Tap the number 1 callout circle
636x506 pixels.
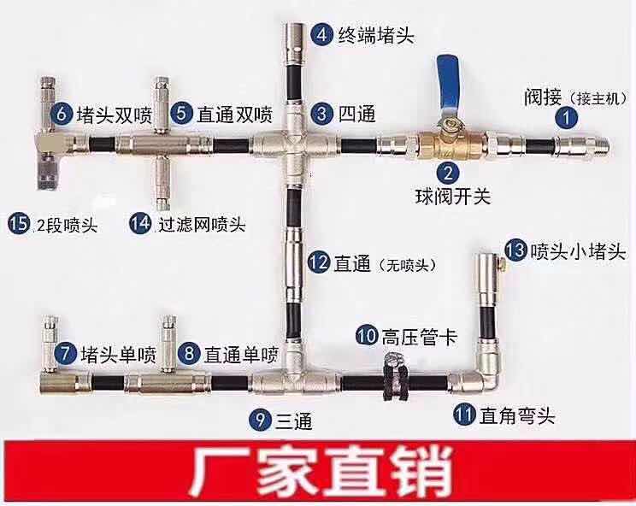coord(567,119)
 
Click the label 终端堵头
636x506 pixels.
coord(376,35)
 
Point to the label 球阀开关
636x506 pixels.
coord(453,197)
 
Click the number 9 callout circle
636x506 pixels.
coord(261,419)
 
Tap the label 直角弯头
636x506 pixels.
coord(516,415)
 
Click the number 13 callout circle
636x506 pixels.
coord(516,250)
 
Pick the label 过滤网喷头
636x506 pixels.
coord(202,224)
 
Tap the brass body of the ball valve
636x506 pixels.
coord(451,144)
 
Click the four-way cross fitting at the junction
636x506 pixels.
coord(294,144)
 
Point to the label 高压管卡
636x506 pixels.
coord(420,337)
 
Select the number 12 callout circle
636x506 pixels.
coord(318,262)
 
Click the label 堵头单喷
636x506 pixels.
coord(119,355)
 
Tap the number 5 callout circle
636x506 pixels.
coord(181,113)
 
